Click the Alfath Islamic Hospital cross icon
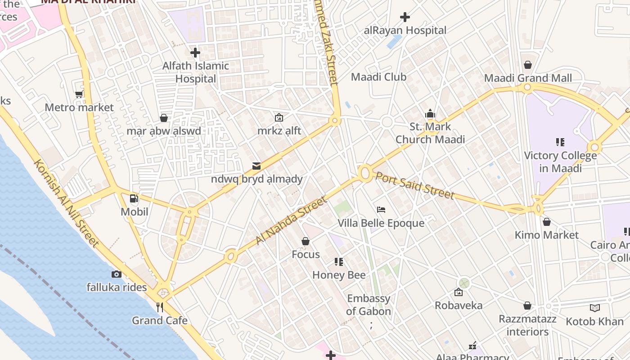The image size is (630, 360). (x=195, y=53)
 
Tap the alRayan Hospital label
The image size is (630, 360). (x=405, y=31)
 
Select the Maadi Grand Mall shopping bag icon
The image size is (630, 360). (x=528, y=65)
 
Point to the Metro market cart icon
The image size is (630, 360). (x=79, y=94)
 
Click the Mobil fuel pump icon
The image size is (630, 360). (x=134, y=198)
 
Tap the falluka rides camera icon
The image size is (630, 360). (x=117, y=274)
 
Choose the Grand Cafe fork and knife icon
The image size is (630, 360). (x=159, y=307)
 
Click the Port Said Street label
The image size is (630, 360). (x=414, y=185)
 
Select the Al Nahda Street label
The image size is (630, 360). (x=291, y=221)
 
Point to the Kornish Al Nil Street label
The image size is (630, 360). (x=66, y=203)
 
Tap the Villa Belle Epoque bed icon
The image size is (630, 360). (x=381, y=210)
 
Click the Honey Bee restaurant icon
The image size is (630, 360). (x=339, y=262)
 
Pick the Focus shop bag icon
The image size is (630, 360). (x=306, y=242)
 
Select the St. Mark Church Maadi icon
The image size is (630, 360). (x=430, y=113)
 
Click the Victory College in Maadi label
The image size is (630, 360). (x=560, y=162)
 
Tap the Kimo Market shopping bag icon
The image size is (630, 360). (x=546, y=222)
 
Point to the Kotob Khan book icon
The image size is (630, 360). (x=595, y=308)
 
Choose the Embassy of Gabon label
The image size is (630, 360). (x=369, y=305)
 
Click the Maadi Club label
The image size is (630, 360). (x=378, y=77)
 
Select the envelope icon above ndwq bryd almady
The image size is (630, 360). (x=256, y=166)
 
